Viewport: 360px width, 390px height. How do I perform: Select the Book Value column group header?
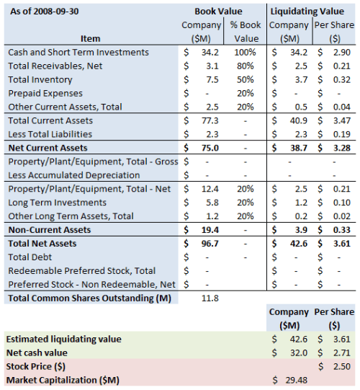coord(218,12)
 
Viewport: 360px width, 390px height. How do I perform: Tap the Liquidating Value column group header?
coord(310,12)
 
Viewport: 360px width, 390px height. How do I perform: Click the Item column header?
coord(91,38)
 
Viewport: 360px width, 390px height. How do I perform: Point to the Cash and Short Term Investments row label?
coord(78,53)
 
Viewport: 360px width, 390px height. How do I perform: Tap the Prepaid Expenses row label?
coord(45,93)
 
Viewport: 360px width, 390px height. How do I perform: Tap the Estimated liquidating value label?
coord(63,338)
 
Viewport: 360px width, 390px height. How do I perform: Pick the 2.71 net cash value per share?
coord(342,353)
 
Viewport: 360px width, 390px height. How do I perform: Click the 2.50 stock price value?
coord(342,366)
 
